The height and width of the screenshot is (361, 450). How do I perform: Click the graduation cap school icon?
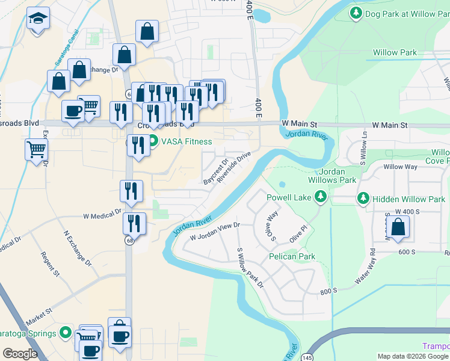pos(38,19)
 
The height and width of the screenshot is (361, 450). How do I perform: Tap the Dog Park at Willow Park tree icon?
pos(356,13)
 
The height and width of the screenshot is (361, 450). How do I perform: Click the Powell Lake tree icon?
pos(321,197)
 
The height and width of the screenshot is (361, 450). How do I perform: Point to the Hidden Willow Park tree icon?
pos(363,199)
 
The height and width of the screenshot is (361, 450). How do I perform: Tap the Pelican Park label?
pos(293,256)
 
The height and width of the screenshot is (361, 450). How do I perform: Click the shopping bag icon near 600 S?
pos(398,227)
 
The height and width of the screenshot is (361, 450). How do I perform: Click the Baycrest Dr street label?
pos(216,171)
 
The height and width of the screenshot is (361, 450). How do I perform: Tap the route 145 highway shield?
pos(308,350)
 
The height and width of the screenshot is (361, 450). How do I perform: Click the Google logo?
pos(20,353)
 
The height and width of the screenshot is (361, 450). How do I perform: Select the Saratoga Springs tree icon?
pos(66,333)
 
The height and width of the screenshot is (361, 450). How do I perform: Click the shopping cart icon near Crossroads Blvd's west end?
pos(37,149)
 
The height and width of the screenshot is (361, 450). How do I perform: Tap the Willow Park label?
pos(395,53)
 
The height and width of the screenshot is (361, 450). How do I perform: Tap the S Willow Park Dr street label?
pos(250,268)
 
